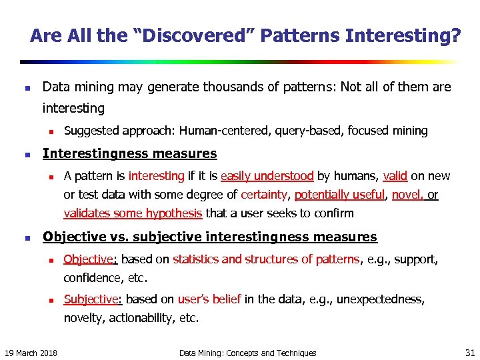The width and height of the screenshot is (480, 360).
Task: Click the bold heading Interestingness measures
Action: click(x=129, y=153)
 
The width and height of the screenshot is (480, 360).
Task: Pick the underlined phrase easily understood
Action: click(x=267, y=176)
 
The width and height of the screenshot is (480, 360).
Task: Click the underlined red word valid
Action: click(x=395, y=176)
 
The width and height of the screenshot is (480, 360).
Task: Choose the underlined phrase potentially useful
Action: click(x=340, y=195)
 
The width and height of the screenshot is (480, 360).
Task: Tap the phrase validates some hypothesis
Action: click(x=133, y=213)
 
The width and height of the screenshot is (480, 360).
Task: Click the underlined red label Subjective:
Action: click(x=93, y=299)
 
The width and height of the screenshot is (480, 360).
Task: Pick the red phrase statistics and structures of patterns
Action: click(x=266, y=259)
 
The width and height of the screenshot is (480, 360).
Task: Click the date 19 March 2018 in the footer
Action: click(x=31, y=353)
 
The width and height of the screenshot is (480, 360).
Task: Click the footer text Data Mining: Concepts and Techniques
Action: click(x=248, y=353)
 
